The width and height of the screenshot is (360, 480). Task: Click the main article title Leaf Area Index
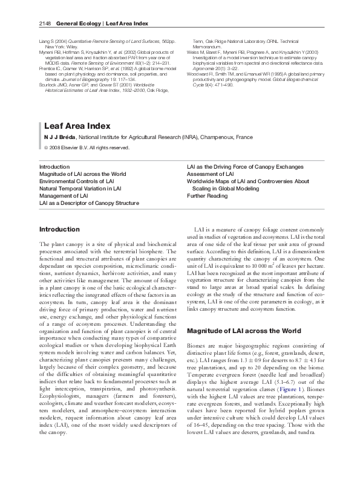[77, 126]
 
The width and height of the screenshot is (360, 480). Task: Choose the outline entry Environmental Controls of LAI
[76, 181]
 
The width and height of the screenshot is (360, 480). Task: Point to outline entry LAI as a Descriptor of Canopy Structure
[89, 204]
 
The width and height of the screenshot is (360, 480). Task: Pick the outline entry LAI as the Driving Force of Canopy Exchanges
[246, 166]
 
